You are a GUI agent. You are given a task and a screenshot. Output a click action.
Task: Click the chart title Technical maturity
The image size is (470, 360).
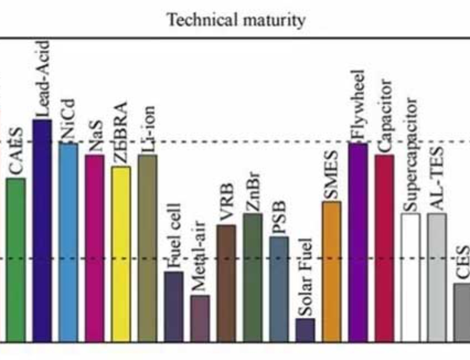(x=236, y=20)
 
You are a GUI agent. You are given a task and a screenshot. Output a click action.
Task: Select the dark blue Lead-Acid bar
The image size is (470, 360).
(x=42, y=230)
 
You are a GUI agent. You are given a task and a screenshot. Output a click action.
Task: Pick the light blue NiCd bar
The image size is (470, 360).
(x=68, y=242)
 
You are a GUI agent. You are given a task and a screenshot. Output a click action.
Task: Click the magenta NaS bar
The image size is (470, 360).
(x=94, y=248)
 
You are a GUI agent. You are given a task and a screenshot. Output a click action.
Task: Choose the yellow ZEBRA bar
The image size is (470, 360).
(x=121, y=254)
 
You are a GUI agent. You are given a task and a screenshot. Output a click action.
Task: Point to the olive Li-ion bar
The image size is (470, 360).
(x=147, y=248)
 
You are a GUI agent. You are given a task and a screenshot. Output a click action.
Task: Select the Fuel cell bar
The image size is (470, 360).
(x=173, y=306)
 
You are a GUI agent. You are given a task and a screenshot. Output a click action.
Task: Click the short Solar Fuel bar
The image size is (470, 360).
(x=305, y=330)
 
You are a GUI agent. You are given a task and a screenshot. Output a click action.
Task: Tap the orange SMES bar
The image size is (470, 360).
(x=331, y=271)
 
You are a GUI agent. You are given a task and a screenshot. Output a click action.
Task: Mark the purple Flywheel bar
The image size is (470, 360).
(x=358, y=242)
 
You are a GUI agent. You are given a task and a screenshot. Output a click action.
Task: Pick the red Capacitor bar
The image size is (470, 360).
(x=384, y=248)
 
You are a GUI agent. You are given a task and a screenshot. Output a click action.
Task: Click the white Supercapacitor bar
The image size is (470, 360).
(x=410, y=277)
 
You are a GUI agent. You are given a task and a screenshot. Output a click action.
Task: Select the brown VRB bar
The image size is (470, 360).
(x=226, y=283)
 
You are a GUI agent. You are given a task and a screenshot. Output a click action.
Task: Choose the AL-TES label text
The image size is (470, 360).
(x=437, y=179)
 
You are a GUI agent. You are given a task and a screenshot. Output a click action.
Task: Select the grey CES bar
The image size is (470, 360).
(x=462, y=312)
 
